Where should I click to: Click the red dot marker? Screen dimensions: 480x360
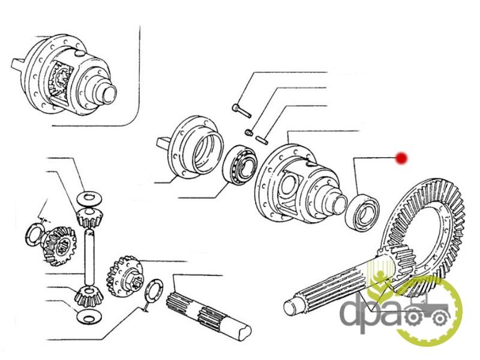(401, 158)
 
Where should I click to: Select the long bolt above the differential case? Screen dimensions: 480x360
(242, 111)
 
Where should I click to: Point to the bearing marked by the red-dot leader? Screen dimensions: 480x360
(362, 211)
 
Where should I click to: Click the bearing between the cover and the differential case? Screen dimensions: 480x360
(240, 166)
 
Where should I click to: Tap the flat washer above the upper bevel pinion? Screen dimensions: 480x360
(89, 199)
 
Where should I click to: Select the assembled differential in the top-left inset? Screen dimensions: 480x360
(64, 74)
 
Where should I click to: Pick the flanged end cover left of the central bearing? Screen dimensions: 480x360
(190, 148)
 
